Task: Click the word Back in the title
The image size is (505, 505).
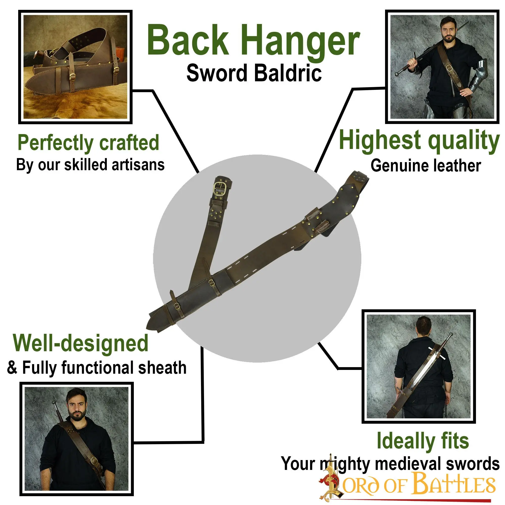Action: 188,40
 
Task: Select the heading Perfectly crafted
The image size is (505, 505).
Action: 88,143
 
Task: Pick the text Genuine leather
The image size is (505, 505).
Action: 426,166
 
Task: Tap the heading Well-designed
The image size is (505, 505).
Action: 81,343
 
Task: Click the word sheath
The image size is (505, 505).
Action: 162,368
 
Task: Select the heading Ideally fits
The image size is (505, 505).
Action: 423,441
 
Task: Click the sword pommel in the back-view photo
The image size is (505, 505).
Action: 450,334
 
